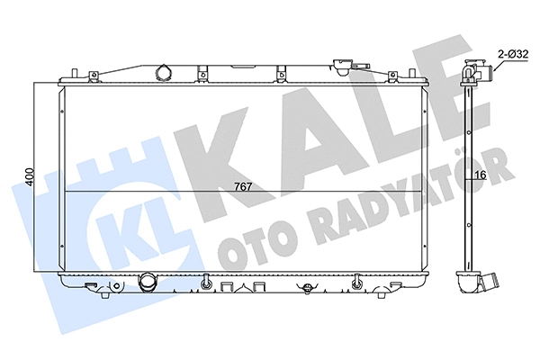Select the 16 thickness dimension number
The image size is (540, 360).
[481, 175]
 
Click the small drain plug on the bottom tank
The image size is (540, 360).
[311, 287]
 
